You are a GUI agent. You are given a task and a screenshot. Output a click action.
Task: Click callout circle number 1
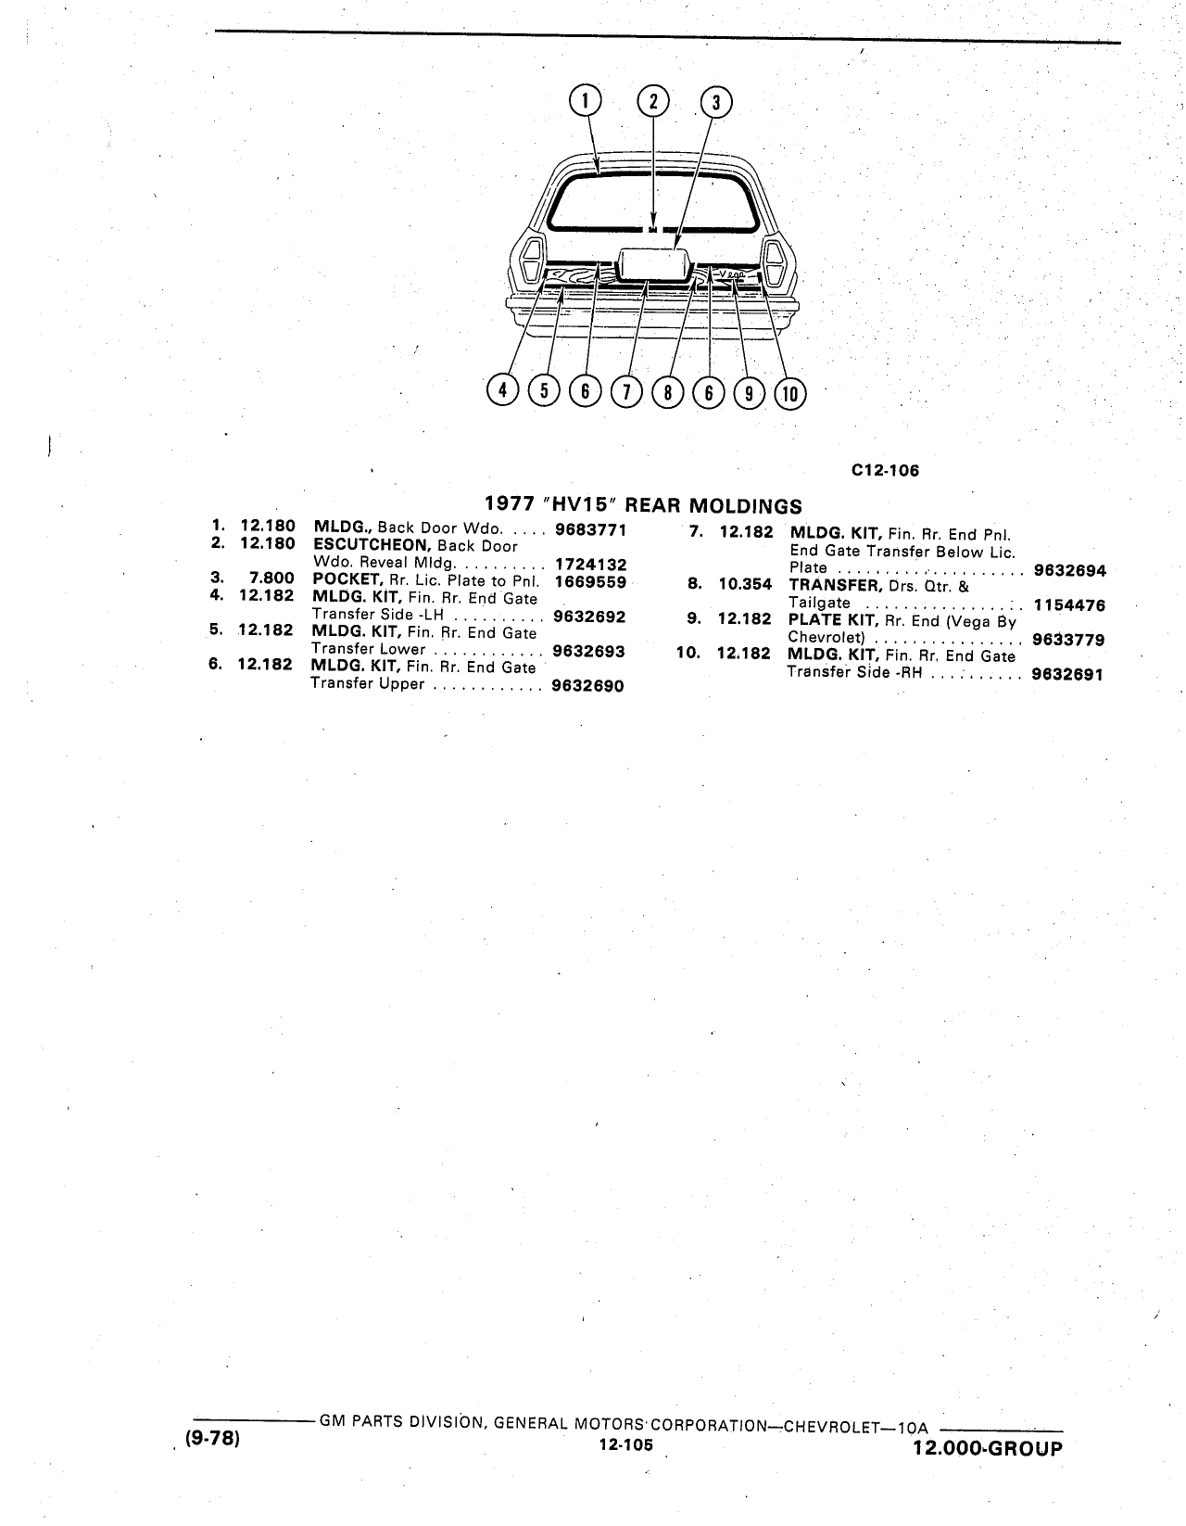(585, 100)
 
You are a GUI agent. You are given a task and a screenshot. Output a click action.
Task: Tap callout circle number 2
(653, 101)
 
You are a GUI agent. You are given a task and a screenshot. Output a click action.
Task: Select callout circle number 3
(716, 103)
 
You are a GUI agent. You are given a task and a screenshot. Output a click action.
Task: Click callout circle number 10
(790, 394)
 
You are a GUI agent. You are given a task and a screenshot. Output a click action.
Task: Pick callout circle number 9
(749, 393)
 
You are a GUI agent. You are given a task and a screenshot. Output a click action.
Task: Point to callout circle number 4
(502, 389)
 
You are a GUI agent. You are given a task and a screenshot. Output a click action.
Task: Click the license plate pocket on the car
(652, 266)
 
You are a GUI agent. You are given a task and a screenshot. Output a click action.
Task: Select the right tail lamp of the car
(776, 262)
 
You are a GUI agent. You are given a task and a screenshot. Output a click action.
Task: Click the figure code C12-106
(885, 471)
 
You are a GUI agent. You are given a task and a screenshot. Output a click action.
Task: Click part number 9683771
(590, 529)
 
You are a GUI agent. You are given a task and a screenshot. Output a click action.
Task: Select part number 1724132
(591, 565)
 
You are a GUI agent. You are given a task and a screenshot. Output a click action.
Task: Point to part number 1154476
(1069, 605)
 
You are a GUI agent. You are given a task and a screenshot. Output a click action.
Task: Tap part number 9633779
(1068, 640)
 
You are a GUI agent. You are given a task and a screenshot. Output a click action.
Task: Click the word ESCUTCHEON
(372, 545)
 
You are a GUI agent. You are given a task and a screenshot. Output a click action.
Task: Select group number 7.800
(271, 578)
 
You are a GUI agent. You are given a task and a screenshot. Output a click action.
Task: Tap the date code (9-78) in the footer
(212, 1438)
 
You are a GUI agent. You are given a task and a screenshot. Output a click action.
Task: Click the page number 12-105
(625, 1444)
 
